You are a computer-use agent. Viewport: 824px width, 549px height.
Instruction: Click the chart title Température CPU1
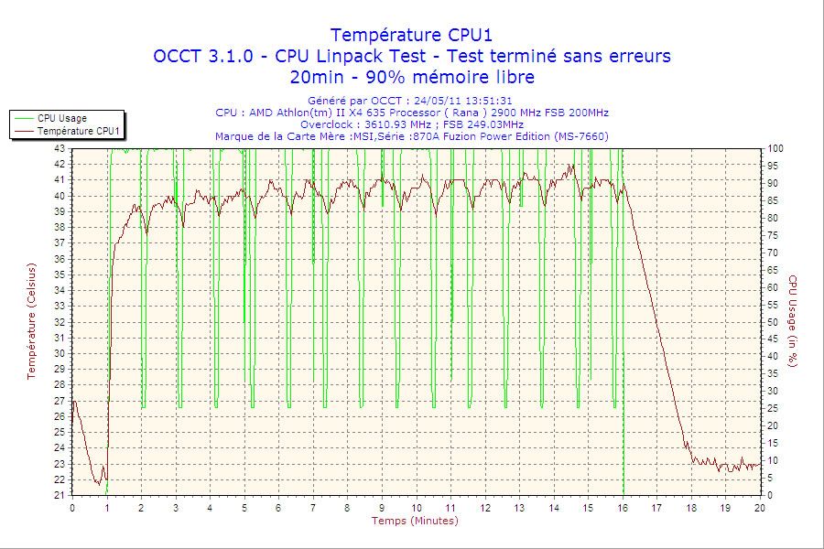tap(411, 35)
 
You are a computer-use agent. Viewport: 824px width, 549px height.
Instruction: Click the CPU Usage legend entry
tap(61, 118)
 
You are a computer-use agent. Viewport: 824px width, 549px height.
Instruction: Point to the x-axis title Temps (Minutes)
tap(415, 521)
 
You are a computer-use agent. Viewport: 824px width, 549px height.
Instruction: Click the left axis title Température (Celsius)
tap(31, 321)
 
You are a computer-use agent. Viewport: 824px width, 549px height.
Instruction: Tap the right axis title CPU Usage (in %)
tap(793, 321)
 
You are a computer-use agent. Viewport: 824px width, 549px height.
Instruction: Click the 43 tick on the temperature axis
tap(60, 148)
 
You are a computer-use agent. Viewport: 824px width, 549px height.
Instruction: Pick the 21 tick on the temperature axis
tap(60, 495)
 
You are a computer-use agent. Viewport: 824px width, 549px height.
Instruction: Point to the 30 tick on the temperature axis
tap(60, 353)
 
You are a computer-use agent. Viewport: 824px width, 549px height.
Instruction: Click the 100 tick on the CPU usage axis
tap(775, 148)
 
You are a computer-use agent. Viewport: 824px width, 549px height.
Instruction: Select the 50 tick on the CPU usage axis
tap(773, 322)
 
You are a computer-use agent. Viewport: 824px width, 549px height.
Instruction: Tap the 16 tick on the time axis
tap(623, 508)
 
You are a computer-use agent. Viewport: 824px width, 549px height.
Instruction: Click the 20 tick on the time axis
tap(760, 508)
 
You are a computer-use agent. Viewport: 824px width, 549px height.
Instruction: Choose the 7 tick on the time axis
tap(313, 508)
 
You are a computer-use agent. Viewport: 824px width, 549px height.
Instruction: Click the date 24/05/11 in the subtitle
tap(435, 101)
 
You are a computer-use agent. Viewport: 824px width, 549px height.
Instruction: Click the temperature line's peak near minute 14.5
tap(572, 165)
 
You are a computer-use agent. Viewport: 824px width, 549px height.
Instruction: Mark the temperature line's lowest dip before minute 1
tap(99, 484)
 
